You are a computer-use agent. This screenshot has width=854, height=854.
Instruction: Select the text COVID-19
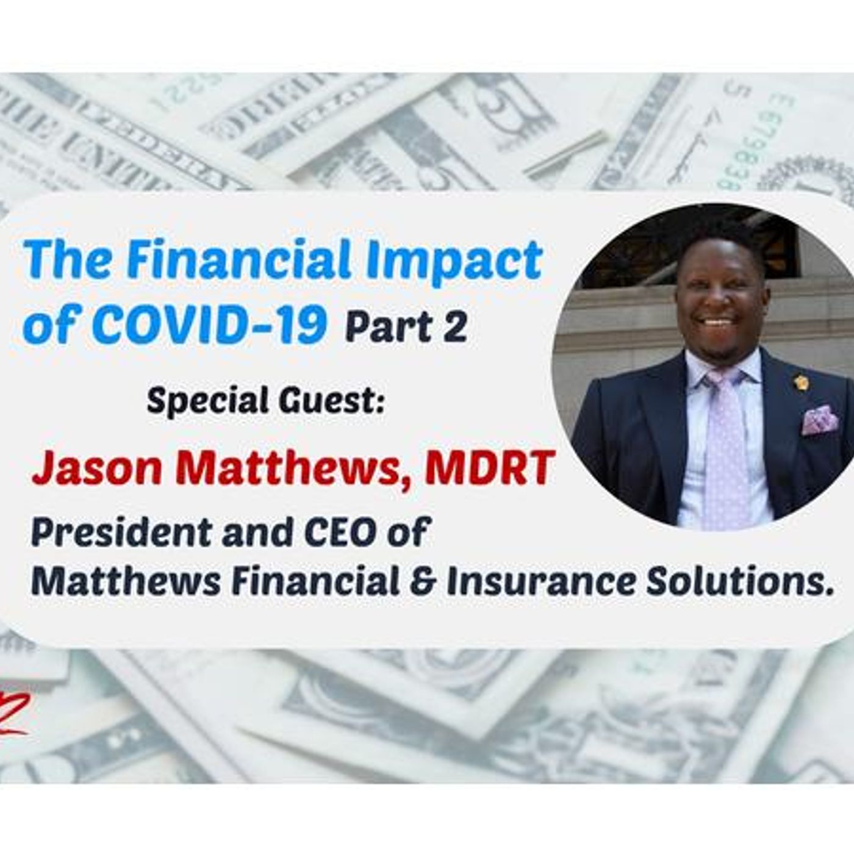210,322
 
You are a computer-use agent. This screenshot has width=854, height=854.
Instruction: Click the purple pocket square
819,420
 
